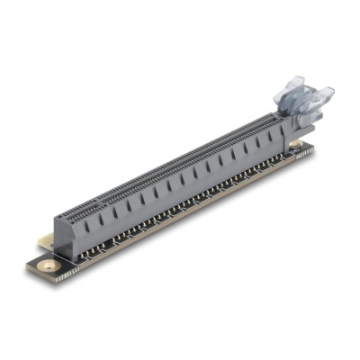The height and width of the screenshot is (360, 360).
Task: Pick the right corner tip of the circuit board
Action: click(x=314, y=148)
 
